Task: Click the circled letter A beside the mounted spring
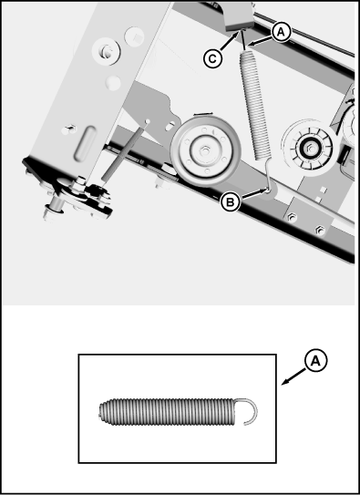[x=282, y=31]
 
